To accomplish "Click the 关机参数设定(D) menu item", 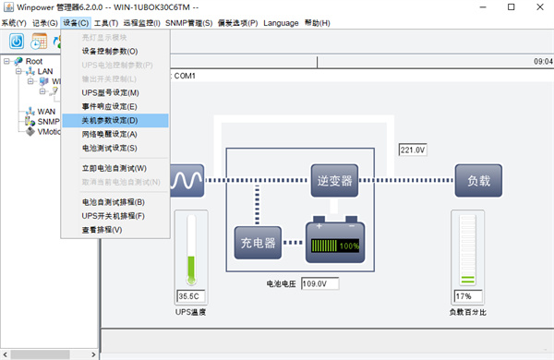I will [x=110, y=120].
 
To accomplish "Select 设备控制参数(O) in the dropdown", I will [x=110, y=52].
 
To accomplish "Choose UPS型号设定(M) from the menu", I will [x=110, y=93].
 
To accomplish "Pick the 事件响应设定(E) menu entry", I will [x=110, y=107].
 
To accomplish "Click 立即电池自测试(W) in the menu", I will [x=114, y=168].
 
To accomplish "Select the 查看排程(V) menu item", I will [x=102, y=229].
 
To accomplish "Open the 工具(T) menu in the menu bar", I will [x=106, y=23].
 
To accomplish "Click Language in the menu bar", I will [x=281, y=23].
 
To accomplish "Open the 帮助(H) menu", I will [x=316, y=23].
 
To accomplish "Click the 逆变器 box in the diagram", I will [x=333, y=180].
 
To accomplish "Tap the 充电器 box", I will [x=257, y=244].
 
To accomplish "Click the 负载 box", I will [x=478, y=180].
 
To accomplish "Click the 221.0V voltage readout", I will [x=411, y=150].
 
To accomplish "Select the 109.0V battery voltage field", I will [x=319, y=283].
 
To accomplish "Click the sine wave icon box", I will [x=189, y=180].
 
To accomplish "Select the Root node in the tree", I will [x=34, y=61].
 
